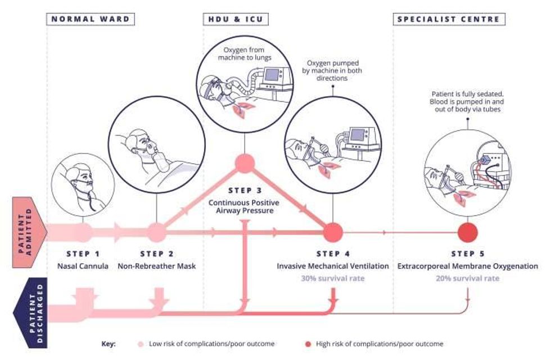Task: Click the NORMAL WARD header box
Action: coord(91,19)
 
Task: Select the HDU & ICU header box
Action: coord(236,19)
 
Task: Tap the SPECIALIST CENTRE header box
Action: coord(449,19)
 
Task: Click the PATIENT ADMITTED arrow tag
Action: coord(29,232)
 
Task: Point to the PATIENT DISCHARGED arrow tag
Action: coord(30,313)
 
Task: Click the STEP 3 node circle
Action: coord(245,164)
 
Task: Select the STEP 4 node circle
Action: coord(332,232)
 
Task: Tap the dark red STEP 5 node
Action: coord(468,232)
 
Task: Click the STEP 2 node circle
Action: coord(156,232)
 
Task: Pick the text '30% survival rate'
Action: coord(333,278)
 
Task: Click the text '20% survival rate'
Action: coord(468,278)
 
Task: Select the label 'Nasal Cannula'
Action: coord(83,266)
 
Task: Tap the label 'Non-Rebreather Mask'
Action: coord(157,266)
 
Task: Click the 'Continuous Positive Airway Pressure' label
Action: coord(244,207)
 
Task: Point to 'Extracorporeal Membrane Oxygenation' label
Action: coord(468,266)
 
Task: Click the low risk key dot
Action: coord(141,344)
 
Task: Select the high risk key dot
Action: coord(308,344)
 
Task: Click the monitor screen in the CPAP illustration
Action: coord(272,74)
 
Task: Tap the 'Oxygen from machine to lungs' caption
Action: coord(245,54)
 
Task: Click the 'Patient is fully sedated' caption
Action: coord(467,102)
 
